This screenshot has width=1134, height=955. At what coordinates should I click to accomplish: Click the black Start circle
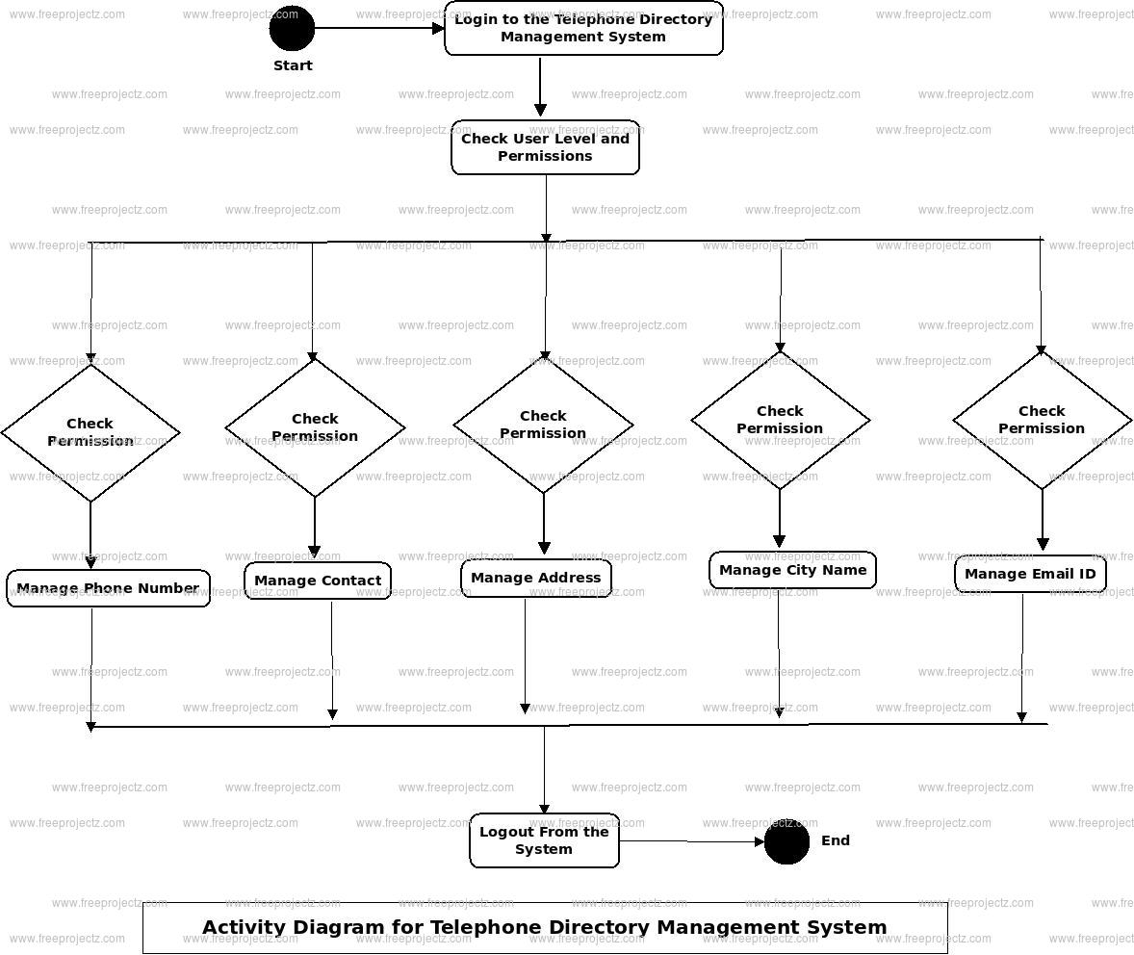(292, 28)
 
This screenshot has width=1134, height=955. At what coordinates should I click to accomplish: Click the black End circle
(786, 842)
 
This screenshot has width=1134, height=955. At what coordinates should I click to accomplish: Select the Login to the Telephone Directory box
(583, 28)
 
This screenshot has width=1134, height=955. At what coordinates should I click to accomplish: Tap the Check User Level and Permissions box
(545, 147)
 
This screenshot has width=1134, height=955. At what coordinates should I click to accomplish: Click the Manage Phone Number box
(108, 588)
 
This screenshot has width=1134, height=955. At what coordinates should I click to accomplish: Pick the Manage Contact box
(318, 581)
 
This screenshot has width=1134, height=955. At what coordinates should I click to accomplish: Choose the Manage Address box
(535, 579)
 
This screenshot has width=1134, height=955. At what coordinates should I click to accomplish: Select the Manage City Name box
(792, 570)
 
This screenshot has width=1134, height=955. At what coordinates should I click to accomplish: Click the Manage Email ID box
(1030, 574)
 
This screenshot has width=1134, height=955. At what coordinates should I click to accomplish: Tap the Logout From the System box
(544, 840)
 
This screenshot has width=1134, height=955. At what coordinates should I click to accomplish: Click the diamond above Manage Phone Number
(90, 432)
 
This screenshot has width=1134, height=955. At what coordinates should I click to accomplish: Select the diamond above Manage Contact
(315, 427)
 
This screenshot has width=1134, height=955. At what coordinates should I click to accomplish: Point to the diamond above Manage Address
(543, 425)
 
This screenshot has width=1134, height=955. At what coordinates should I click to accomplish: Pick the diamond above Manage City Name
(780, 420)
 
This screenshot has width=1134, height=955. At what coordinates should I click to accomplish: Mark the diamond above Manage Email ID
(1042, 420)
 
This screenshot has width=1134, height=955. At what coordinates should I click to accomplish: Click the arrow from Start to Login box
(379, 28)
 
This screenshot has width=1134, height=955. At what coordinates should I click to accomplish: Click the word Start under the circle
(293, 65)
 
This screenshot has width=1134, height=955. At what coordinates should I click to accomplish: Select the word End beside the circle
(836, 840)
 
